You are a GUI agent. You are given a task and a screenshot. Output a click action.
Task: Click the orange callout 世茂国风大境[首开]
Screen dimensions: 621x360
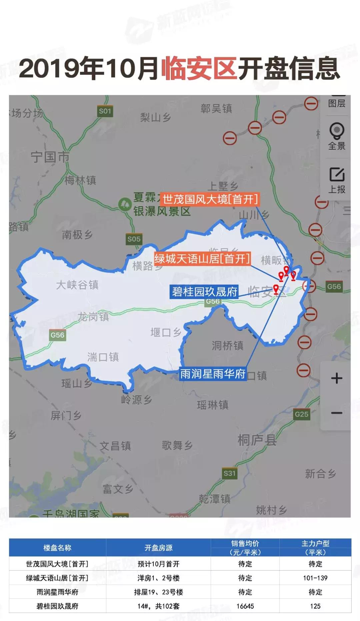click(210, 199)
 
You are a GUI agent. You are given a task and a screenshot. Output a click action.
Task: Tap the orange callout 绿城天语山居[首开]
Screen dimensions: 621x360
click(202, 259)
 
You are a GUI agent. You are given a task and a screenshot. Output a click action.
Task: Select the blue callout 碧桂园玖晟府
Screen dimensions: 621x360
click(204, 292)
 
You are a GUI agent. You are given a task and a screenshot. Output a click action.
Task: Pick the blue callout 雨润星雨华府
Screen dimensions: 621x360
click(213, 374)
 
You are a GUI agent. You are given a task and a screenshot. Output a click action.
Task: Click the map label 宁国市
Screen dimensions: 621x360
click(50, 157)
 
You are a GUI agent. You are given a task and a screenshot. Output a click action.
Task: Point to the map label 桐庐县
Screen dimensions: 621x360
click(257, 440)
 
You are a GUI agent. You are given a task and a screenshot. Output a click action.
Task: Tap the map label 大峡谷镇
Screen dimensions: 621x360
click(77, 285)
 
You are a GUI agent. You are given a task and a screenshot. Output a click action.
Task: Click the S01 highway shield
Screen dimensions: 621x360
click(105, 111)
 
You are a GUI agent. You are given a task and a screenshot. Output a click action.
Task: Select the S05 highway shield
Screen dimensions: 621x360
click(134, 239)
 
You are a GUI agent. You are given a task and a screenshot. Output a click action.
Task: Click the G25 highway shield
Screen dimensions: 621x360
click(301, 414)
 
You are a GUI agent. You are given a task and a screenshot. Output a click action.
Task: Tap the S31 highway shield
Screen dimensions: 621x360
click(229, 473)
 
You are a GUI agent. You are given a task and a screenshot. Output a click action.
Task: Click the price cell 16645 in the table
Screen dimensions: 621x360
click(245, 606)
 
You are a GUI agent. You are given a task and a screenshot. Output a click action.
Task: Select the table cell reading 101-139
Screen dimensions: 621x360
click(315, 578)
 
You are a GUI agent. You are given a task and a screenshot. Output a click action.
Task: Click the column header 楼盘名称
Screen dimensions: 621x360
click(57, 548)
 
